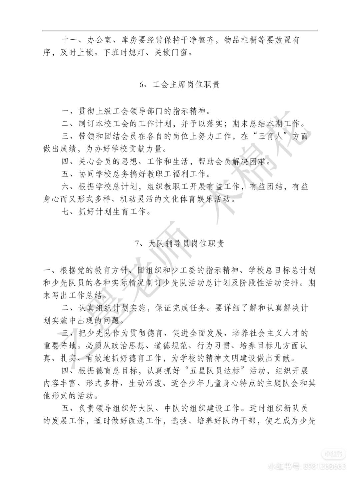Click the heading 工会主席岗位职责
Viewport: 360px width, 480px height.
186,85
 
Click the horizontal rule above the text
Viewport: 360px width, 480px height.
180,31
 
